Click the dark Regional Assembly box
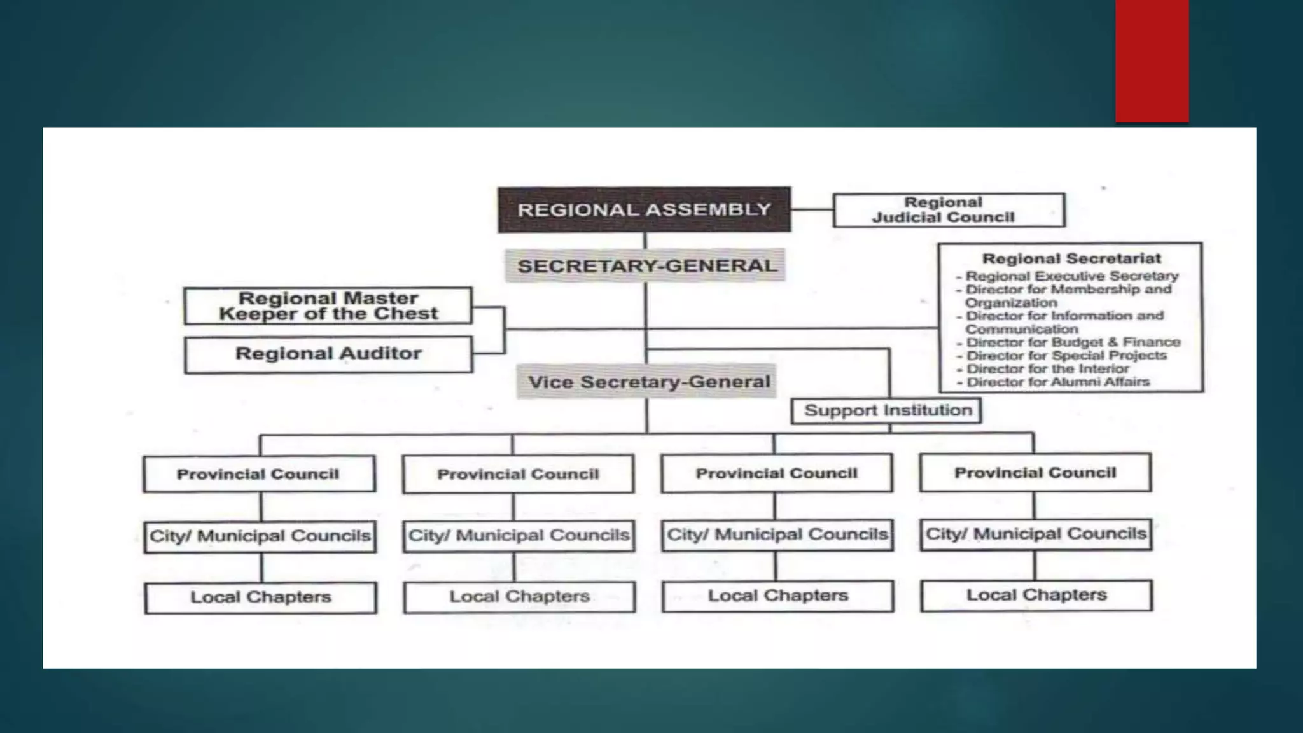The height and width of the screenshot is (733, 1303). pos(644,209)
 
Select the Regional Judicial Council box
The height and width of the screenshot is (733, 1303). pos(948,210)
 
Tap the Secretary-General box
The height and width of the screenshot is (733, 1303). pos(645,265)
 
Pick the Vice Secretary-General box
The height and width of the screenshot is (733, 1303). pos(647,382)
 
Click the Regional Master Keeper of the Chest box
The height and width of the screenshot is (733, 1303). pos(328,306)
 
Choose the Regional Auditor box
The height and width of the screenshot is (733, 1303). pos(328,354)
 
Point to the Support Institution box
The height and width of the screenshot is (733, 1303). pos(887,410)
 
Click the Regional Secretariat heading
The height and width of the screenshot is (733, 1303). pos(1071,258)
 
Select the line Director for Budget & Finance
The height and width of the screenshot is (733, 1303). pos(1073,342)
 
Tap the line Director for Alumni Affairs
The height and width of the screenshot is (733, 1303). pos(1057,382)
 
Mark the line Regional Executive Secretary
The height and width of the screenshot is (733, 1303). pos(1071,276)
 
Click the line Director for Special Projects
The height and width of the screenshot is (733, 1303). pos(1066,356)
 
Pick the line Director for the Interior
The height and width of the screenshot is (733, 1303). pos(1047,369)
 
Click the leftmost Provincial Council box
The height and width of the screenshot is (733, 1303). pos(259,474)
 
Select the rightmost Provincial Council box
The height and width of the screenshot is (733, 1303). pos(1035,473)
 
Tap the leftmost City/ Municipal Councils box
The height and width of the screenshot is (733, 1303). pos(260,536)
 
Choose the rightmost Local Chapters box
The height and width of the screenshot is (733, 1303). pos(1036,596)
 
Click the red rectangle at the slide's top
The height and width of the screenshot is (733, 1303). pos(1152,60)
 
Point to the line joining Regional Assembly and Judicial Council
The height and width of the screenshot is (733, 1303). pos(812,209)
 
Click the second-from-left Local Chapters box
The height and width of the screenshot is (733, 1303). pos(519,597)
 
